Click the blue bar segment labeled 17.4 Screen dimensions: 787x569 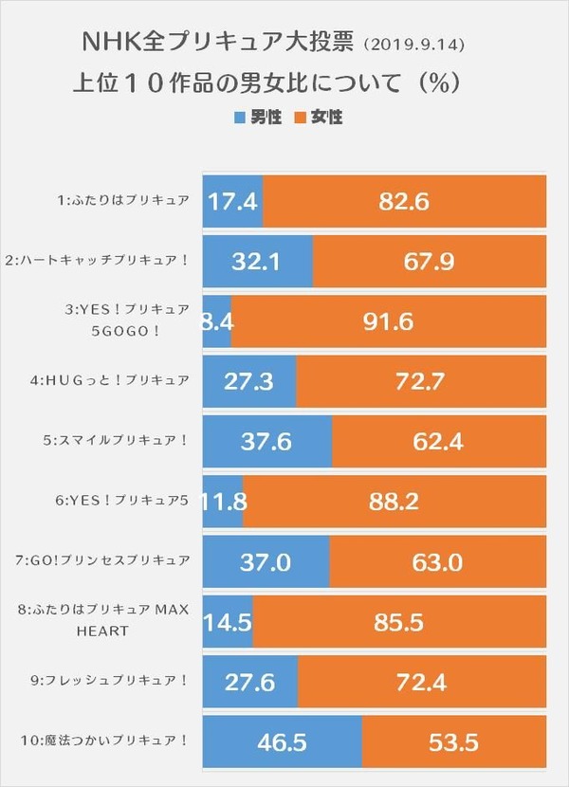point(232,201)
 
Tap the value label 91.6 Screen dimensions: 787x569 point(388,321)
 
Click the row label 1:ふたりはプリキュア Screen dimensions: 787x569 point(123,201)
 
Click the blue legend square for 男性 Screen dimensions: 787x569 point(238,119)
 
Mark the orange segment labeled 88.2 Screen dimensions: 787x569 point(394,501)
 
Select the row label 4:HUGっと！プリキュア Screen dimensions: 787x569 point(116,381)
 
